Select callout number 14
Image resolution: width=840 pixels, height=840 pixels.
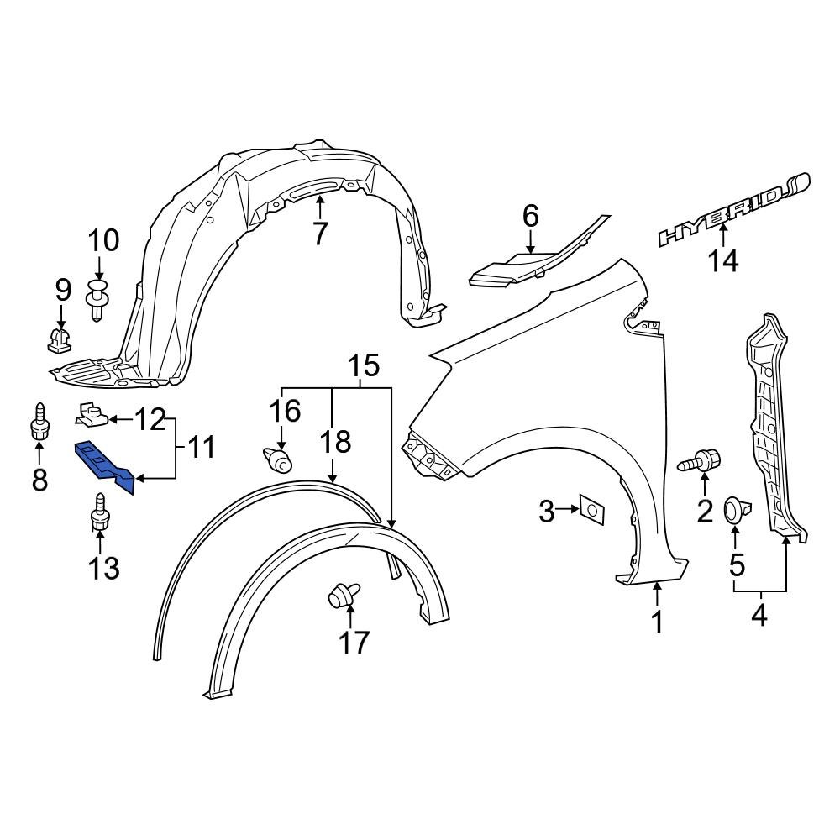point(722,261)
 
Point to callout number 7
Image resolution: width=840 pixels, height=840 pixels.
point(319,233)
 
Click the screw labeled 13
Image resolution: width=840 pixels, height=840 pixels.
point(99,514)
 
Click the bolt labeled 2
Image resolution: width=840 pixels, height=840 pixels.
point(704,461)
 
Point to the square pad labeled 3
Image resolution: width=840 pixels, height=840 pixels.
point(592,509)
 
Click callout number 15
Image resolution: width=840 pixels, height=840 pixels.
point(363,366)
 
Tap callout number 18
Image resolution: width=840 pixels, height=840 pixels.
point(333,443)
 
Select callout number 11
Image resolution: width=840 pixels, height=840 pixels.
point(199,446)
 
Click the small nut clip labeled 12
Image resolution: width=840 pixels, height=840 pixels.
point(92,412)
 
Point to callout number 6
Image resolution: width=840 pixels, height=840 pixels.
point(530,216)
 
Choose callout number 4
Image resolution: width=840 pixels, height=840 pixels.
point(759,616)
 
